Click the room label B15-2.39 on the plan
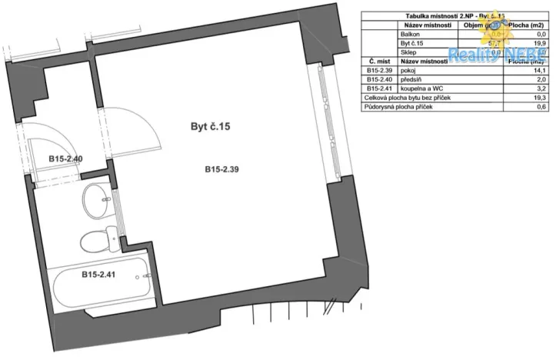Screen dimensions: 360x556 (x=221, y=169)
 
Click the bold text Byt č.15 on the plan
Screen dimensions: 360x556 (x=211, y=127)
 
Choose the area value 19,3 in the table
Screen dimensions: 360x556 (x=539, y=98)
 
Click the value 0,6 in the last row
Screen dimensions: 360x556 (x=541, y=107)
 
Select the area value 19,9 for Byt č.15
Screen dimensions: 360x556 (x=539, y=44)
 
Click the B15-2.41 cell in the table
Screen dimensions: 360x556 (x=379, y=88)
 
